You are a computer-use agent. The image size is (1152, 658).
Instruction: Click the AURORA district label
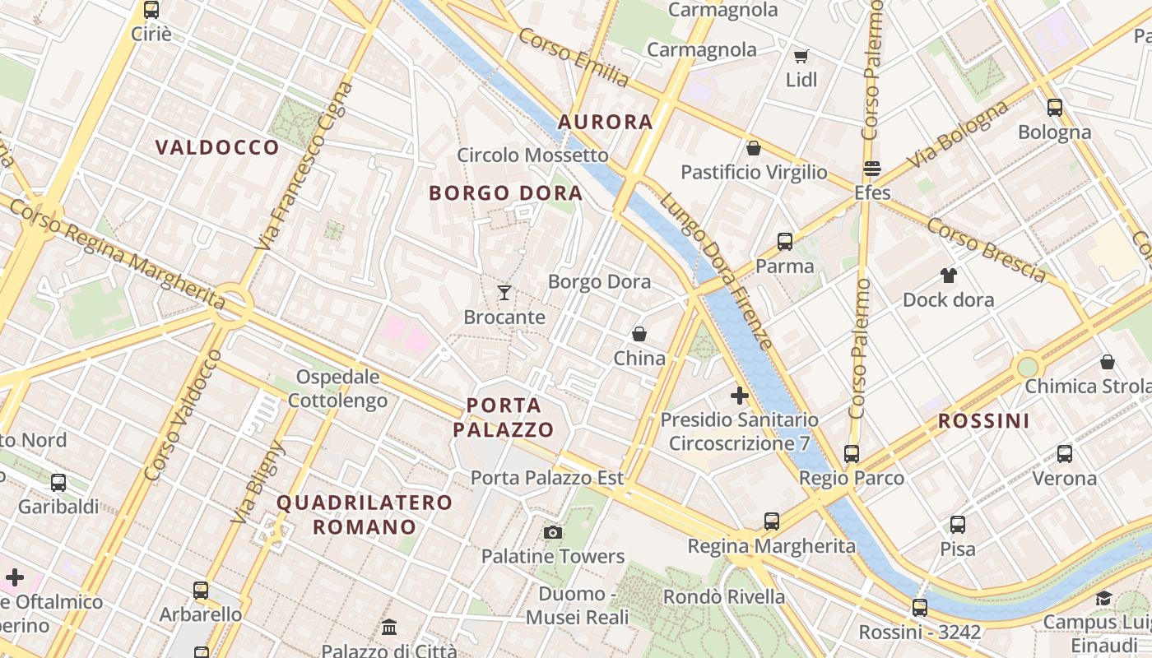605,123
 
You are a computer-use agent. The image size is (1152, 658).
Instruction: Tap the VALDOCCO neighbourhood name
217,148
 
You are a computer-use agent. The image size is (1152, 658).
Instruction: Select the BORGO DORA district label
505,194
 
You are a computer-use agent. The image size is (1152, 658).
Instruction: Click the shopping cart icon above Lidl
801,57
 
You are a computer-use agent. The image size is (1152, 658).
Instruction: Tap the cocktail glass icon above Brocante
504,292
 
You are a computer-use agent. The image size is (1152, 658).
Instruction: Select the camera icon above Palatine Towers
553,533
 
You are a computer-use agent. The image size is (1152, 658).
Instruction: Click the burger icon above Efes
872,169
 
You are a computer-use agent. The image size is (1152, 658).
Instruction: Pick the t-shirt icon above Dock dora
949,276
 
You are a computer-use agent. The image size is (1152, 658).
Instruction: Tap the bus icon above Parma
785,242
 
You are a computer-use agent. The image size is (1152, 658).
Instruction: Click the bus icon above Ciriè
151,10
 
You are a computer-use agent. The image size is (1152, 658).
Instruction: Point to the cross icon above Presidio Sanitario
740,396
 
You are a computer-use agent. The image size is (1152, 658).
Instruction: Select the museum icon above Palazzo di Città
389,628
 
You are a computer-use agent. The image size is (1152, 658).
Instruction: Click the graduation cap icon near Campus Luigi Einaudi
1103,598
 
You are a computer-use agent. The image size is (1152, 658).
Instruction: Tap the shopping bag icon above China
639,334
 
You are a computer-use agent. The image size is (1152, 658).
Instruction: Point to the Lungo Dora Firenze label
716,271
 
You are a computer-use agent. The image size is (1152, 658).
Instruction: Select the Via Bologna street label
958,135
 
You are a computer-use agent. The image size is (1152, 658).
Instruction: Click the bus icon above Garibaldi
58,483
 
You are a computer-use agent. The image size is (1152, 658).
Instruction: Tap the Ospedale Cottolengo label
337,389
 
